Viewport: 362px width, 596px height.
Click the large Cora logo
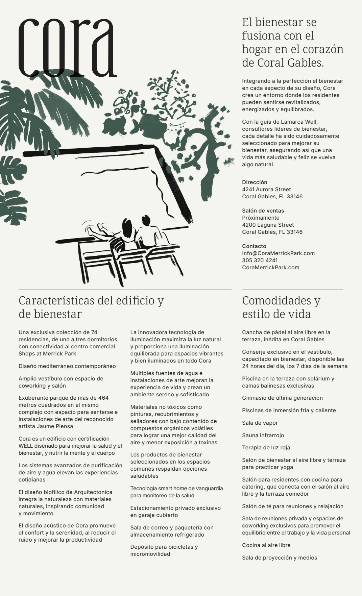pos(68,47)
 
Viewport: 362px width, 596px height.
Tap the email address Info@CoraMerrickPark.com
pos(278,253)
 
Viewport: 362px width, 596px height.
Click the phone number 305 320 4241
pos(260,260)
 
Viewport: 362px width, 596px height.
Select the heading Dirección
pos(255,182)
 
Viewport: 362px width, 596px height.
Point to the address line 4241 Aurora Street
pos(266,189)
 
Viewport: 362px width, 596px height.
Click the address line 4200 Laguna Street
pos(268,225)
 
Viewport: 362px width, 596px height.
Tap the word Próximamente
pos(261,218)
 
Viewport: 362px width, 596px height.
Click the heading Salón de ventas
pos(263,210)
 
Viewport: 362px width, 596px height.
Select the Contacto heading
pos(254,246)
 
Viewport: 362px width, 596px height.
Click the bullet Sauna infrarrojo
pos(263,435)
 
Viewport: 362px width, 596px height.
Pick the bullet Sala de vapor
pos(260,423)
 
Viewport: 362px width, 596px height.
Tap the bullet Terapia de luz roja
pos(266,447)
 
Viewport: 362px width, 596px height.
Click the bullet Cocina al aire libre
pos(266,545)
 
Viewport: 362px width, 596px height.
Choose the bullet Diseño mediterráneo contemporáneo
pos(67,366)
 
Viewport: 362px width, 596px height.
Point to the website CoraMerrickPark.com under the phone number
pos(271,267)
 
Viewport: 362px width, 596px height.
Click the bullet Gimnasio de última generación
pos(282,398)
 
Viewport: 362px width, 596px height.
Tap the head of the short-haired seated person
pos(146,221)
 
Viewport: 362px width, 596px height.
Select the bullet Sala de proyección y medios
pos(280,557)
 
